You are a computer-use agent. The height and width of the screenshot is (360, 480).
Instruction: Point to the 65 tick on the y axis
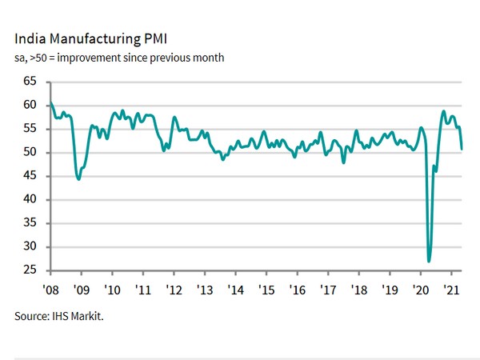31,82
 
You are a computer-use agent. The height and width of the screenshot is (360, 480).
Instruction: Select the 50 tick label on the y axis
31,152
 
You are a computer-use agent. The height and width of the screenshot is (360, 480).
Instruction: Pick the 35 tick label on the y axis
31,223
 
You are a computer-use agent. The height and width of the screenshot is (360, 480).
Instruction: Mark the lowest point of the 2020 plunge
430,261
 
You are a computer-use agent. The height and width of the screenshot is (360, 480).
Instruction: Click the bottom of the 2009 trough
78,178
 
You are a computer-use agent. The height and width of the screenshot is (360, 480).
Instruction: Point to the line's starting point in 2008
50,103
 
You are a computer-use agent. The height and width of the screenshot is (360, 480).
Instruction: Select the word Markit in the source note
89,317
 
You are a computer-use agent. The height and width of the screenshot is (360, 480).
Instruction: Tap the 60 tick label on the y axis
31,105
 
